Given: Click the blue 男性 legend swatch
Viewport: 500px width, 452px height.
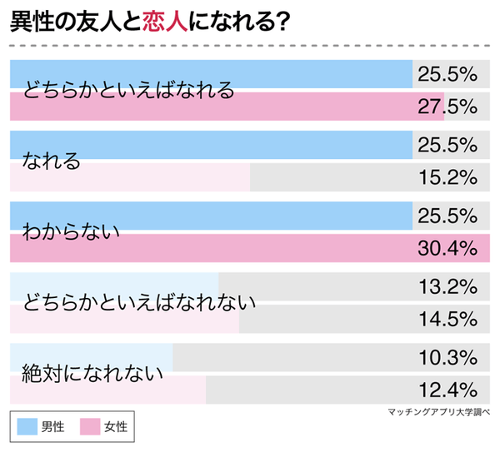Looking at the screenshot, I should point(27,427).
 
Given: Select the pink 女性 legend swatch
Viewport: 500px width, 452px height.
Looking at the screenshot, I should point(90,427).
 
